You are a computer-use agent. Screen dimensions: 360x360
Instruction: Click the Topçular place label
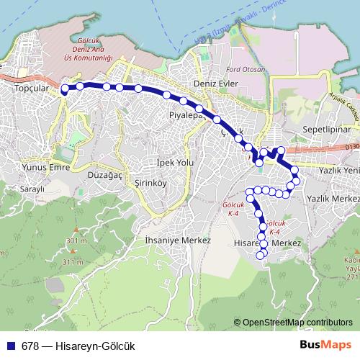[x=30, y=89]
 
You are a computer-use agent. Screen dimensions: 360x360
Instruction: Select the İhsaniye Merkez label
[x=177, y=240]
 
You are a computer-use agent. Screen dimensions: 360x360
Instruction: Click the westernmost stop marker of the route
[x=64, y=89]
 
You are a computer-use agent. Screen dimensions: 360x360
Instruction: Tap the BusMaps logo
[x=325, y=345]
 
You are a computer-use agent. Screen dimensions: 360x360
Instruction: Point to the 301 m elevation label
[x=75, y=240]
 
